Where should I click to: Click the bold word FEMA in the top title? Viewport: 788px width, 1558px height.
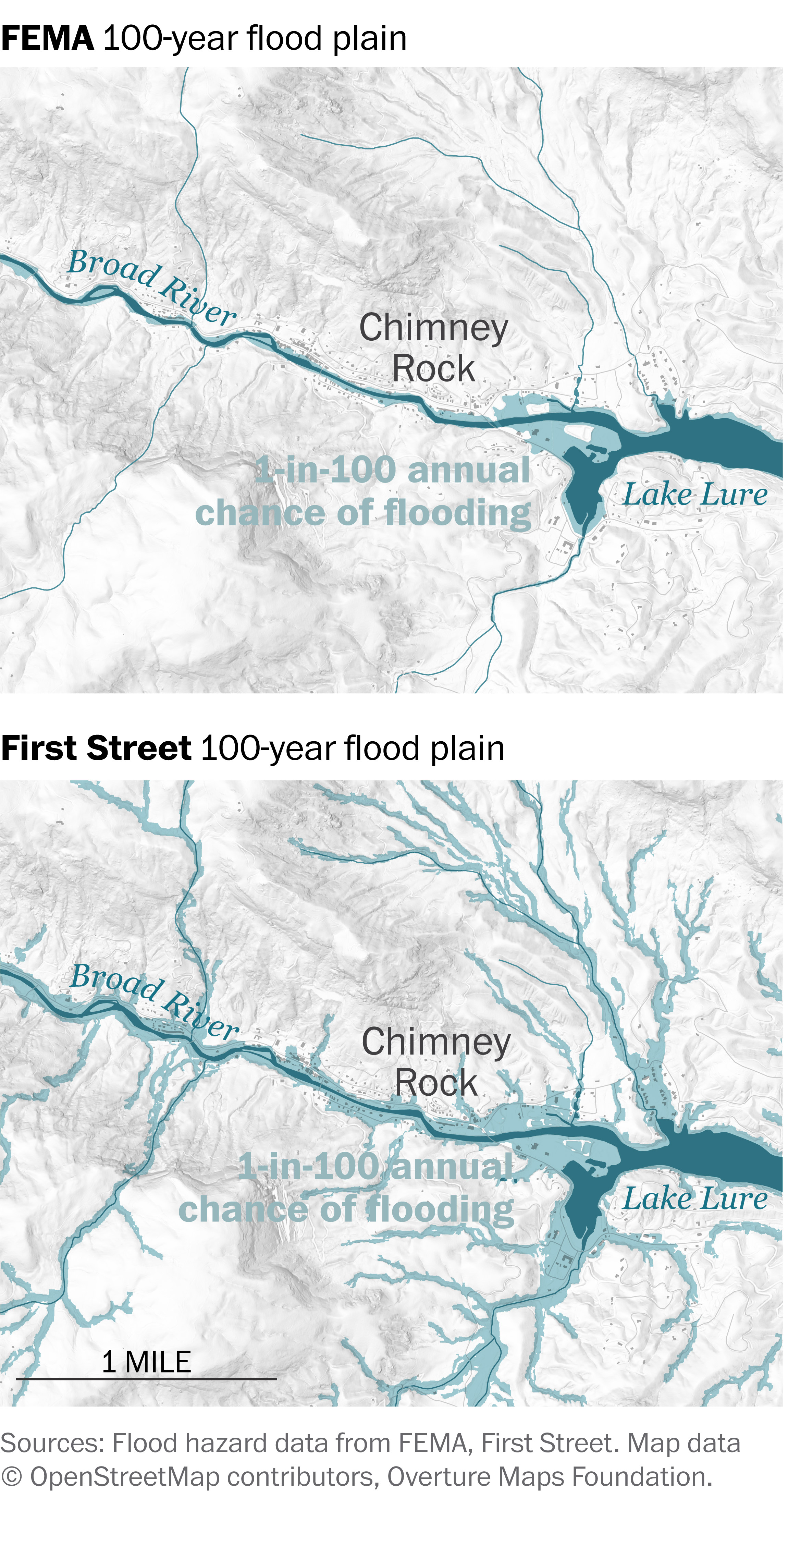(47, 39)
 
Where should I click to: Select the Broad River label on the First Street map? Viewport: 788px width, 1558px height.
(154, 1001)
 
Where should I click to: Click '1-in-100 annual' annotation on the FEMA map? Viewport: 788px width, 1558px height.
(393, 471)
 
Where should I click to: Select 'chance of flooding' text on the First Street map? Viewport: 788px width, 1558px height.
(346, 1210)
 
